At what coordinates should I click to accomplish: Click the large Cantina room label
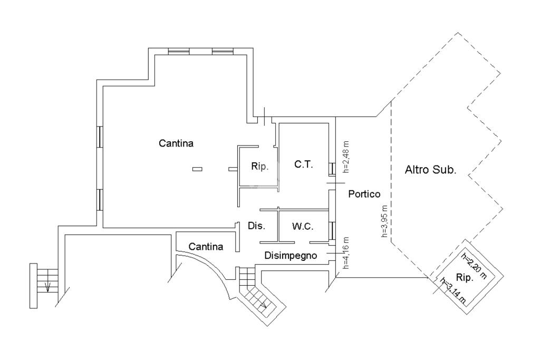(x=176, y=143)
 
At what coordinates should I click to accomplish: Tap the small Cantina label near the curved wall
(x=206, y=247)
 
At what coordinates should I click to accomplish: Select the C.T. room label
(x=304, y=164)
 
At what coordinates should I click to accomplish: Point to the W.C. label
(x=303, y=227)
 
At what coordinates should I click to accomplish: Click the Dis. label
(x=257, y=226)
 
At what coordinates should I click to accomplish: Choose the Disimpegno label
(x=291, y=256)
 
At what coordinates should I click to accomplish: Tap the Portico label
(x=364, y=194)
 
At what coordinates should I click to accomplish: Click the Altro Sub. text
(x=430, y=170)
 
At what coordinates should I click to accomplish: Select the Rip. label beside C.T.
(x=259, y=167)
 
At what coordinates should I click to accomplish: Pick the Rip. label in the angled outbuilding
(x=465, y=278)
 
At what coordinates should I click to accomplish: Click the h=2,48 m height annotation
(x=346, y=157)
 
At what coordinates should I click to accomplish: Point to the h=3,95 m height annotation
(x=384, y=221)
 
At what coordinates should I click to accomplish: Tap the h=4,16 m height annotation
(x=346, y=252)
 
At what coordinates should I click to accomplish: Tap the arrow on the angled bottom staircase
(x=263, y=304)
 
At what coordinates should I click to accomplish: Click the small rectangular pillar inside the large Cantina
(x=197, y=169)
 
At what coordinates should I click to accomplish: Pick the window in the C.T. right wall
(x=332, y=169)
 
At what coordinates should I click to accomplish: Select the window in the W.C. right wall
(x=332, y=230)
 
